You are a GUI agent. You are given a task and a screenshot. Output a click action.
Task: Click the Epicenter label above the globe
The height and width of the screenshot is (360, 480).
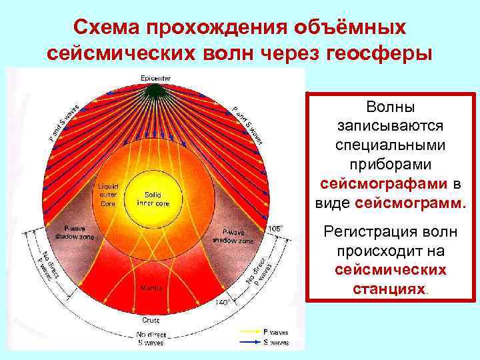(x=155, y=79)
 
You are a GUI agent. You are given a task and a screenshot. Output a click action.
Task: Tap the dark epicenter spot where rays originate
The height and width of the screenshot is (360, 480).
(x=155, y=89)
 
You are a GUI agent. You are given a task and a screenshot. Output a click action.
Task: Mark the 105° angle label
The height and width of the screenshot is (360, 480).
(x=275, y=228)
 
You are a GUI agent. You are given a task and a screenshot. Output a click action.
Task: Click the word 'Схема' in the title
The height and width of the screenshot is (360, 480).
(x=108, y=27)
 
